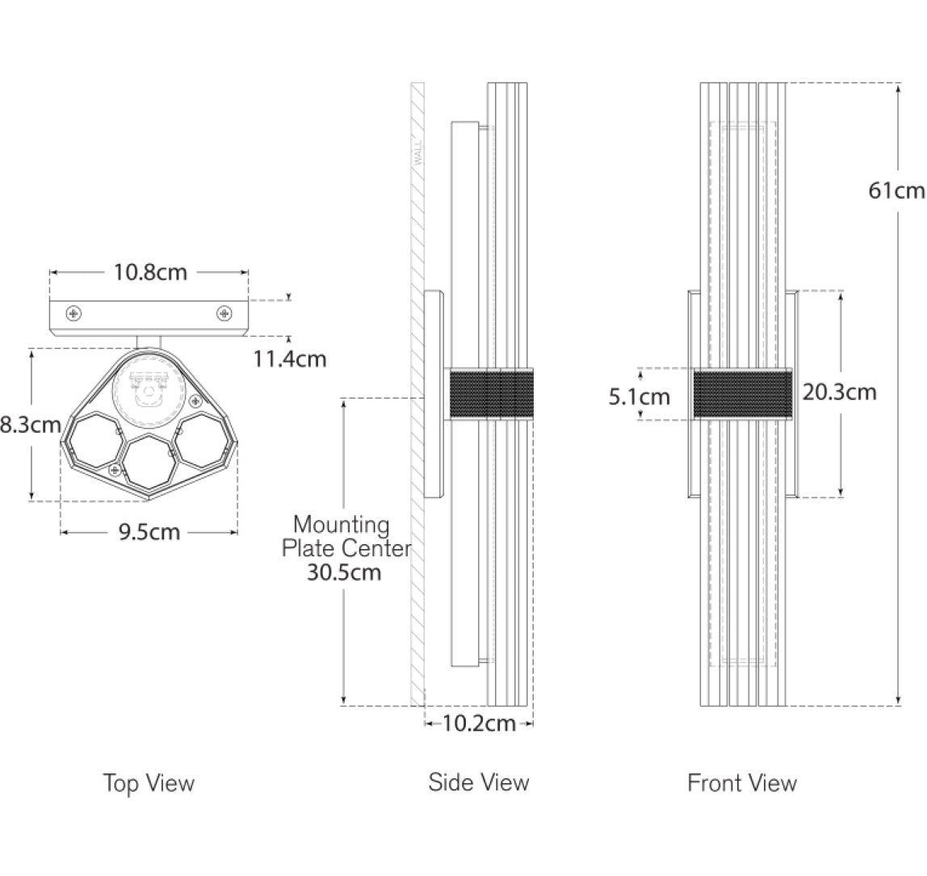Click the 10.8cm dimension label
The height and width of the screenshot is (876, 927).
(150, 273)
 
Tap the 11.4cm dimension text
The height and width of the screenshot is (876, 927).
(290, 358)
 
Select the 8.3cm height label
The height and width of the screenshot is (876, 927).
(30, 425)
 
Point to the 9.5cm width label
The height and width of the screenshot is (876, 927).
(149, 532)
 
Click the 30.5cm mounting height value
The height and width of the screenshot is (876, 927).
(343, 572)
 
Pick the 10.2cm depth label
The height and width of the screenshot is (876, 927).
(479, 723)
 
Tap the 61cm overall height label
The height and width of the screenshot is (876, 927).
(896, 191)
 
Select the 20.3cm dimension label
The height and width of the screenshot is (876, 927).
(839, 392)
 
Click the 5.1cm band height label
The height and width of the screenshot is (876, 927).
(639, 396)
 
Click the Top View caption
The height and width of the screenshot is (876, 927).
(149, 783)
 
